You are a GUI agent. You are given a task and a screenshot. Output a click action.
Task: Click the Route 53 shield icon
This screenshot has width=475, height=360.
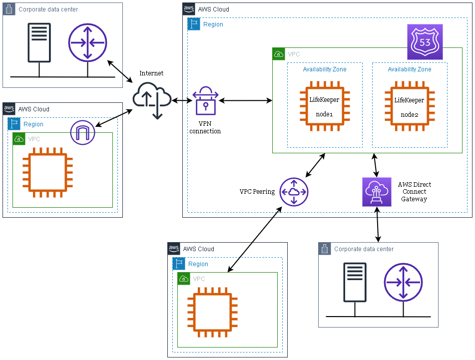(425, 42)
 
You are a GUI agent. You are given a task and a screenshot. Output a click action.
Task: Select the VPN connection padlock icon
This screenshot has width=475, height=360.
(205, 101)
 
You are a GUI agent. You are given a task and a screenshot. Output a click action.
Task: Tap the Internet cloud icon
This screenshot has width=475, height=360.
(152, 99)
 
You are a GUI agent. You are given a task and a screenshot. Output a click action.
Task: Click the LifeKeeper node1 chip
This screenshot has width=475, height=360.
(324, 106)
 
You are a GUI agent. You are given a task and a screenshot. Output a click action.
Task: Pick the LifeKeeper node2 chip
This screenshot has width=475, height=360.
(410, 106)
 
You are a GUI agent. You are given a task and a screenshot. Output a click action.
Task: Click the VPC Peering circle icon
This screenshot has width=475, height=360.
(294, 192)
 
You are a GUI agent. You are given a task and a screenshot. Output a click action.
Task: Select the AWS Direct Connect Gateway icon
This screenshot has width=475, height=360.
(377, 192)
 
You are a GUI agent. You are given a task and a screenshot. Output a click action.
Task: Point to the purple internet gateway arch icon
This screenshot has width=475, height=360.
(82, 133)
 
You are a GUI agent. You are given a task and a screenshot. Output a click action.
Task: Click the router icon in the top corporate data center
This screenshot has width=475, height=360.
(88, 42)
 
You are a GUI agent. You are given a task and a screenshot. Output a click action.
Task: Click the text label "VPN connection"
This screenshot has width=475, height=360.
(205, 127)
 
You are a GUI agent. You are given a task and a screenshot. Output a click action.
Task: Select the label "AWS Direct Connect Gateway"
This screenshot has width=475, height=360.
(415, 192)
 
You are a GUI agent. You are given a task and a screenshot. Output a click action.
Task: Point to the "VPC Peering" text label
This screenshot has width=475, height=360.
(257, 192)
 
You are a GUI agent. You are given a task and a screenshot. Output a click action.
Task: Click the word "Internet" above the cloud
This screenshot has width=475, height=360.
(151, 73)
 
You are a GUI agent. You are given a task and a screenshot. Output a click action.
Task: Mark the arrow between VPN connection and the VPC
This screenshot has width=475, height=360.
(245, 101)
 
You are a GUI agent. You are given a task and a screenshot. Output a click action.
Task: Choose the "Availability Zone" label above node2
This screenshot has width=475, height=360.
(410, 69)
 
